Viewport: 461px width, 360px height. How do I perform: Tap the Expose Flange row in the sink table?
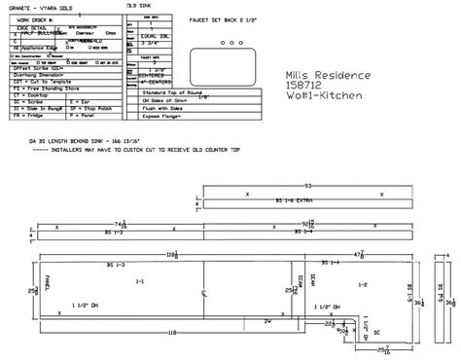coord(176,113)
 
